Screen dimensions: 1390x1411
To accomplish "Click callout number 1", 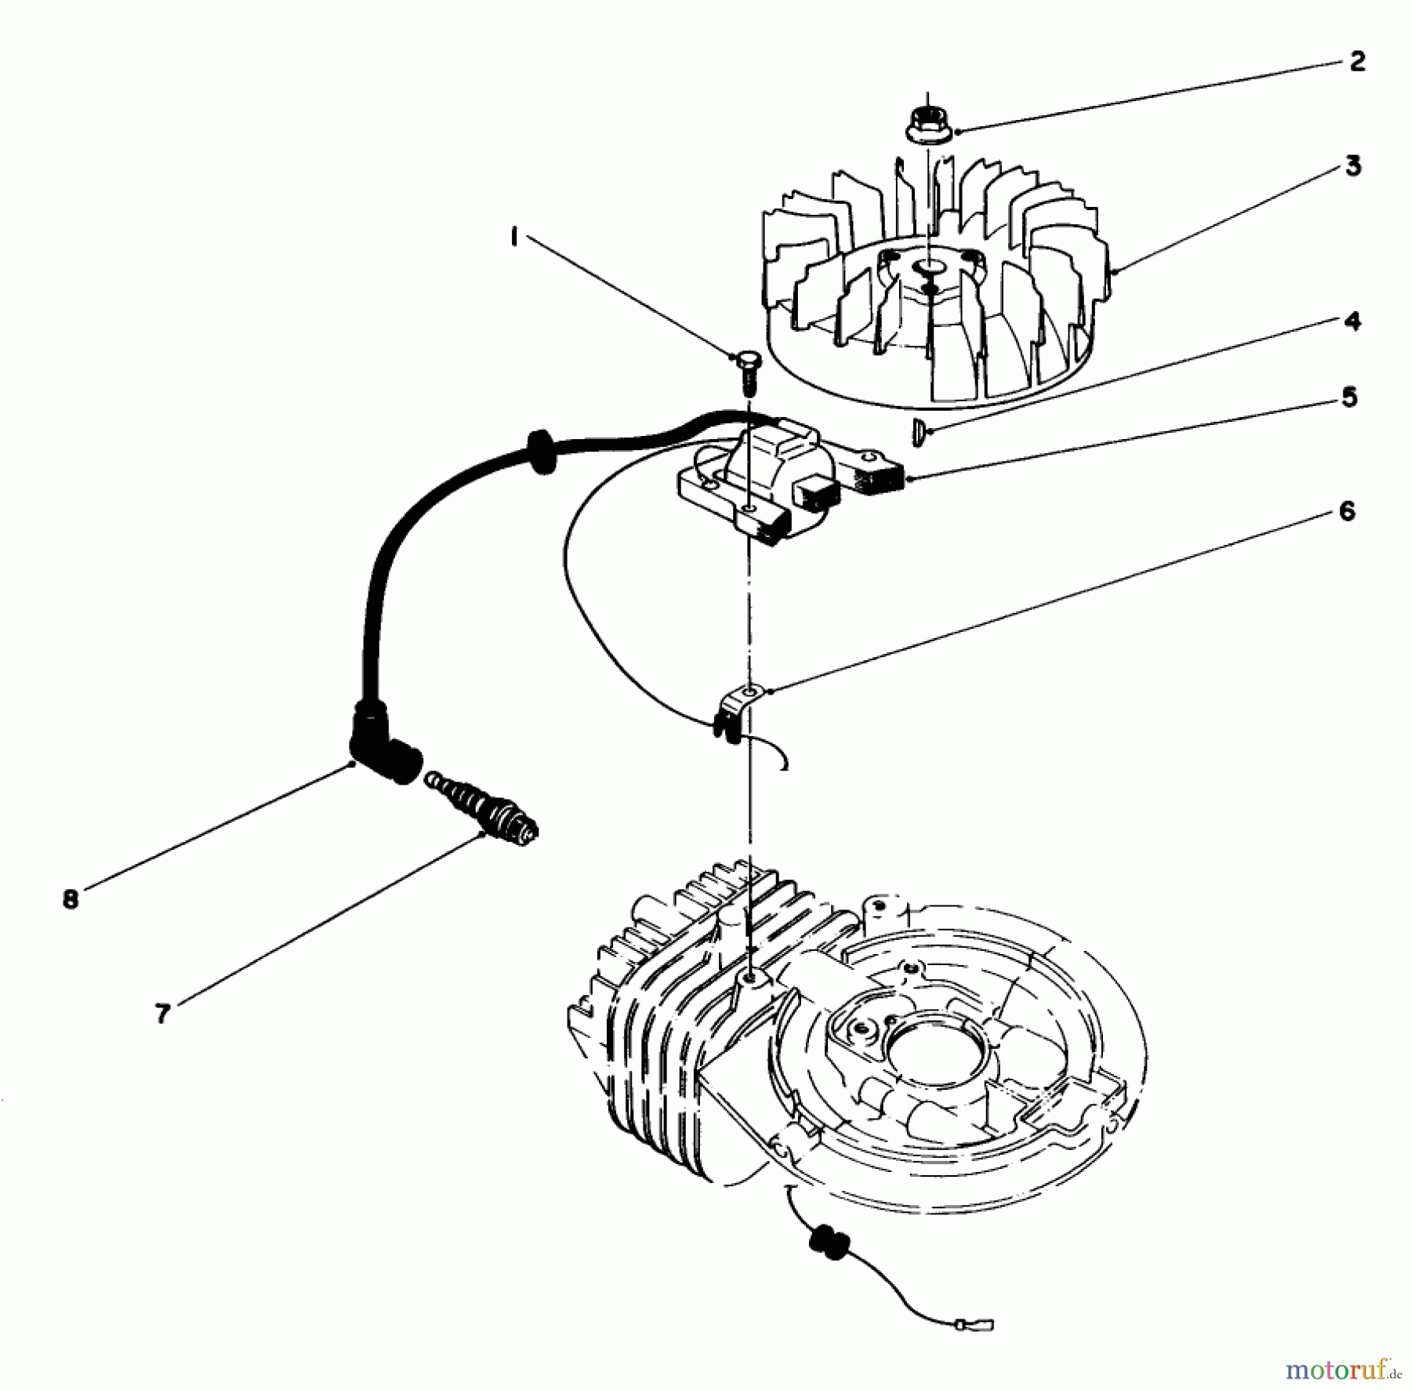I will click(513, 236).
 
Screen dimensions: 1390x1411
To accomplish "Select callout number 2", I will click(1358, 61).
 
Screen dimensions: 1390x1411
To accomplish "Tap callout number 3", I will click(1353, 166).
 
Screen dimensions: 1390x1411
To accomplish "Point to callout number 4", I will click(1352, 321).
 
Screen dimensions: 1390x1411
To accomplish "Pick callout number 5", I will click(1349, 397).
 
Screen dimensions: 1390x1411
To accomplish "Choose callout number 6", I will click(1346, 512).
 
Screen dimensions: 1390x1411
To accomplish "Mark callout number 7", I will click(162, 1014).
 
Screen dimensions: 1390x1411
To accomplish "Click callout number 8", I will click(71, 898).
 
